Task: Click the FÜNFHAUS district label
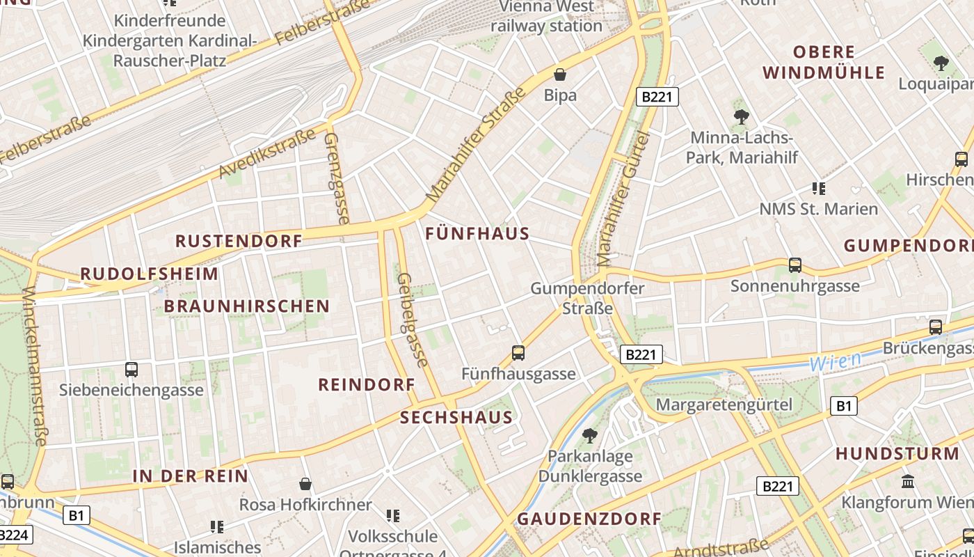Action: coord(477,234)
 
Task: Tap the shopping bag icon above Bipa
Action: coord(560,74)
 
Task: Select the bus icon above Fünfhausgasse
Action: coord(518,353)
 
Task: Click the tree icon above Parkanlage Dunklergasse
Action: coord(589,436)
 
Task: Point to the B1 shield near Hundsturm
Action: coord(843,406)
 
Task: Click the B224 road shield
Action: coord(14,535)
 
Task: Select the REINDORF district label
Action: coord(367,384)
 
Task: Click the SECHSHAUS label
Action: coord(457,418)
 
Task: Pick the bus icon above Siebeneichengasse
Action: coord(131,370)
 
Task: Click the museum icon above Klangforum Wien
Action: coord(907,481)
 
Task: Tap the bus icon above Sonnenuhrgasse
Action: coord(795,265)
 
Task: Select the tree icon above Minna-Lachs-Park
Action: coord(741,117)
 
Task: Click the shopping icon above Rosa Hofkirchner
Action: coord(305,483)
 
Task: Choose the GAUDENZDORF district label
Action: coord(589,519)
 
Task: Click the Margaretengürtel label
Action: coord(724,405)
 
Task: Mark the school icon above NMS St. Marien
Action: coord(819,188)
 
